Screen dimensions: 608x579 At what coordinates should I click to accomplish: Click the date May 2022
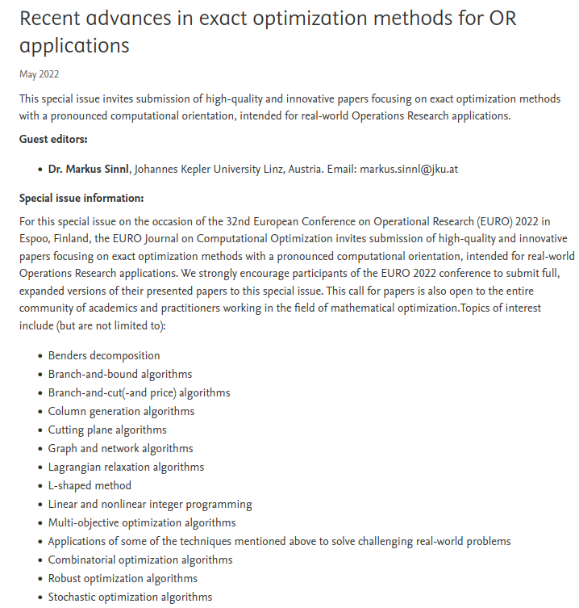(39, 75)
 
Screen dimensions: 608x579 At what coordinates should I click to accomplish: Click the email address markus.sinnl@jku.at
(409, 169)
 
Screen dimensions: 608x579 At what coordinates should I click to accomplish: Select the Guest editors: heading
(54, 139)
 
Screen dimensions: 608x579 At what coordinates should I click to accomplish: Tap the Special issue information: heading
(81, 199)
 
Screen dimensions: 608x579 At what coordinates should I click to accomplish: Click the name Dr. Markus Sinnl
(89, 169)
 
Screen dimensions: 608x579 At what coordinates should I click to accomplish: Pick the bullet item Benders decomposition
(104, 355)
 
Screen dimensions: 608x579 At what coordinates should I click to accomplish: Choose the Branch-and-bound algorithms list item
(120, 374)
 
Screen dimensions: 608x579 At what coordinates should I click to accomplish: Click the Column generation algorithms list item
(121, 411)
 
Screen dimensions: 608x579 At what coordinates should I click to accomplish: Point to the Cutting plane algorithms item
(107, 430)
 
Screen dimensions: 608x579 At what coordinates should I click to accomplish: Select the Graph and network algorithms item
(120, 448)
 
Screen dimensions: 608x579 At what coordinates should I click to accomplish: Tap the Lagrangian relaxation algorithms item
(126, 467)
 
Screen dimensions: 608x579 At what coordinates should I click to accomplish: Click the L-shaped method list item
(90, 485)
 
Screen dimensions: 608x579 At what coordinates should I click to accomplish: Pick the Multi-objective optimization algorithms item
(142, 522)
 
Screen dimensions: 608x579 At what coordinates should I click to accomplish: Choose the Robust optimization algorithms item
(123, 578)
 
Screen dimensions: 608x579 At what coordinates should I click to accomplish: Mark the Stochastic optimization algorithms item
(130, 597)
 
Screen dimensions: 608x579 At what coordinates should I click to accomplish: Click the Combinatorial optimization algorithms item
(140, 560)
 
